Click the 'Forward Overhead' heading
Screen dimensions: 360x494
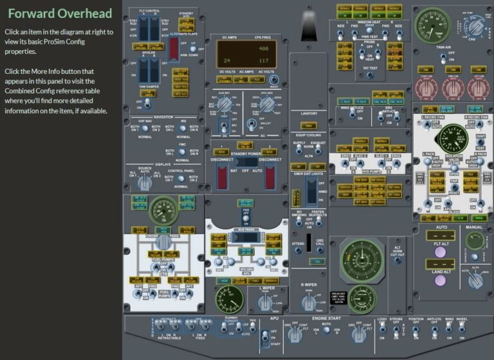point(60,14)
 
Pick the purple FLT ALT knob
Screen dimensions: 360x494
point(441,251)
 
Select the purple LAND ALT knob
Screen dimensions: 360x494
point(441,280)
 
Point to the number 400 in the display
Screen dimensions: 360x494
point(262,49)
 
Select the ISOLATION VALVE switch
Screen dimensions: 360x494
point(453,165)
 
